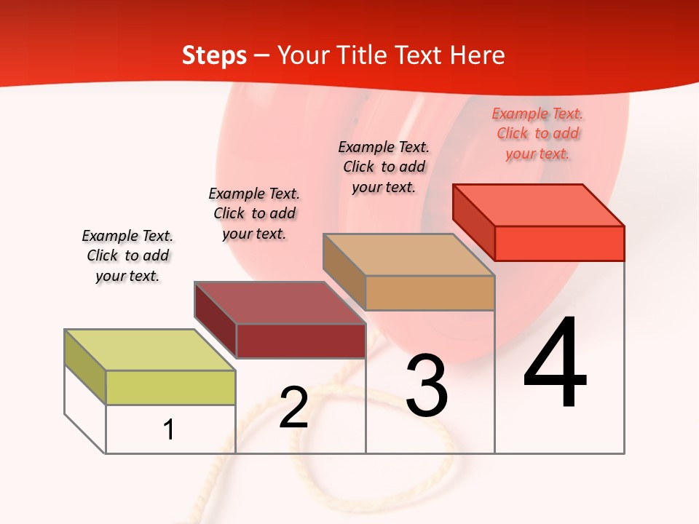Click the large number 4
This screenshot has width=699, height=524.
pyautogui.click(x=555, y=364)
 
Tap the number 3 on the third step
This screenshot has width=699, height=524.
pyautogui.click(x=427, y=386)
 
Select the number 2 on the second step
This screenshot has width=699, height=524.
pyautogui.click(x=293, y=408)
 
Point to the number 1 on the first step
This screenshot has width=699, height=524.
pyautogui.click(x=169, y=430)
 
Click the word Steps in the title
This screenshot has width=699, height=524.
pyautogui.click(x=214, y=55)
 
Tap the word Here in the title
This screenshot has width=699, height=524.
pyautogui.click(x=477, y=55)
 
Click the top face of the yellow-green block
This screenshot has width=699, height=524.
pyautogui.click(x=150, y=350)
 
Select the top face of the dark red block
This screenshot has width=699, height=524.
pyautogui.click(x=280, y=303)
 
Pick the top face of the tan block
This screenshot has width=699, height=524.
pyautogui.click(x=408, y=255)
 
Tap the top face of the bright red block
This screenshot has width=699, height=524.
pyautogui.click(x=539, y=205)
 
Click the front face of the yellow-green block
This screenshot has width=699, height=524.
pyautogui.click(x=170, y=387)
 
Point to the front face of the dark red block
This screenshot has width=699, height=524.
pyautogui.click(x=301, y=341)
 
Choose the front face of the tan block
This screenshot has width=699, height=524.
pyautogui.click(x=430, y=293)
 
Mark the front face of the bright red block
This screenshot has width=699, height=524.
pyautogui.click(x=559, y=243)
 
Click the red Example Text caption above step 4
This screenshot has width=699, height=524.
pyautogui.click(x=537, y=133)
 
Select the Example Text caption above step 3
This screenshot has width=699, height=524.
pyautogui.click(x=384, y=167)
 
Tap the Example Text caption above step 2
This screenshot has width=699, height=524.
pyautogui.click(x=254, y=213)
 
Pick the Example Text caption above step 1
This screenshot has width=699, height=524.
pyautogui.click(x=127, y=255)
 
